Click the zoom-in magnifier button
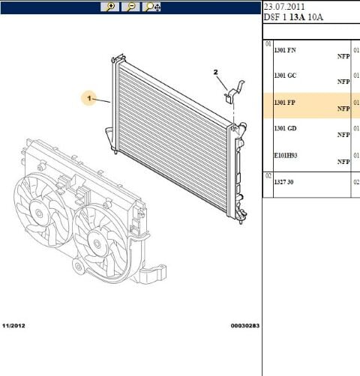[x=110, y=7]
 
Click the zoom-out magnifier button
[x=130, y=7]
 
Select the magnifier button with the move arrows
[x=151, y=7]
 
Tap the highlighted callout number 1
[x=89, y=98]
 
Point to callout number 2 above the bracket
[x=215, y=72]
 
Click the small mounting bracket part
[x=235, y=91]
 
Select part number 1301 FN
[x=285, y=50]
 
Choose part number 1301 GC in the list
[x=285, y=76]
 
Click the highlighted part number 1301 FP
[x=285, y=103]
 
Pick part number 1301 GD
[x=285, y=128]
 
